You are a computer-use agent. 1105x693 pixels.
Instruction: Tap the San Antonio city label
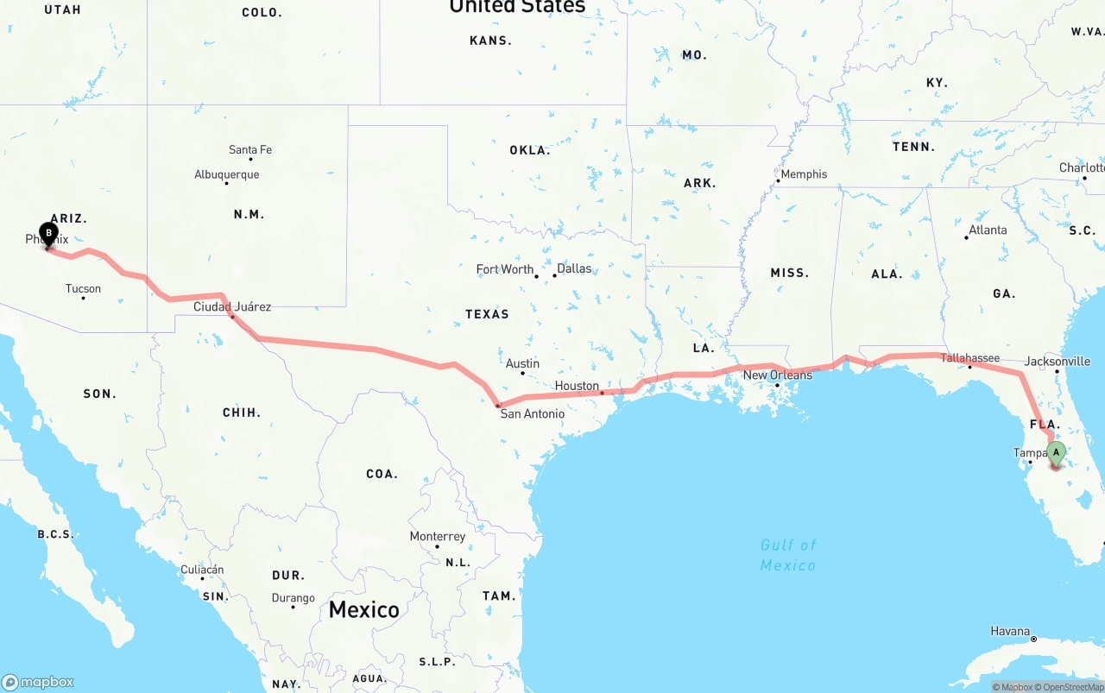click(x=533, y=413)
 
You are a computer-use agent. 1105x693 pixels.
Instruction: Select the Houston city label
click(x=577, y=386)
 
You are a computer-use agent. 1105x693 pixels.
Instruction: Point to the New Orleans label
click(x=777, y=375)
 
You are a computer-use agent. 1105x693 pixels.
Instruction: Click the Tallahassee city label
click(x=969, y=357)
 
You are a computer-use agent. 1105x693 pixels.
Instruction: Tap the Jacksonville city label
click(x=1058, y=362)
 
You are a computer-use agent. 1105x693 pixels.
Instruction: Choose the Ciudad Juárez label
click(x=232, y=306)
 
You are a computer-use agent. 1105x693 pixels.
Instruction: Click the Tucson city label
click(x=83, y=288)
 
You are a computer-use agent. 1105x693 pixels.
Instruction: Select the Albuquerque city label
click(x=226, y=174)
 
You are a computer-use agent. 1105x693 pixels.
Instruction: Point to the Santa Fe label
click(x=250, y=149)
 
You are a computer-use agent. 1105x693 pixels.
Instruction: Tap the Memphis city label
click(x=804, y=173)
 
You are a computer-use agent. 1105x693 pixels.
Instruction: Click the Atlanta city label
click(x=988, y=230)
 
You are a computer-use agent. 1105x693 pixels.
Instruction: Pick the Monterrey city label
click(x=438, y=536)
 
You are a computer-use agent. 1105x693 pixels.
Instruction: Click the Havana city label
click(x=1010, y=631)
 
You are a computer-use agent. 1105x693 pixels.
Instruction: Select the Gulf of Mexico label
click(x=788, y=555)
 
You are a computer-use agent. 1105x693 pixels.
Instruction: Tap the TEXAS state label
click(x=487, y=314)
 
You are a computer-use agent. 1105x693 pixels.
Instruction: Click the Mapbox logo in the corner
click(x=38, y=682)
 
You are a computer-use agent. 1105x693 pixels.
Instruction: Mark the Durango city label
click(x=293, y=598)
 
